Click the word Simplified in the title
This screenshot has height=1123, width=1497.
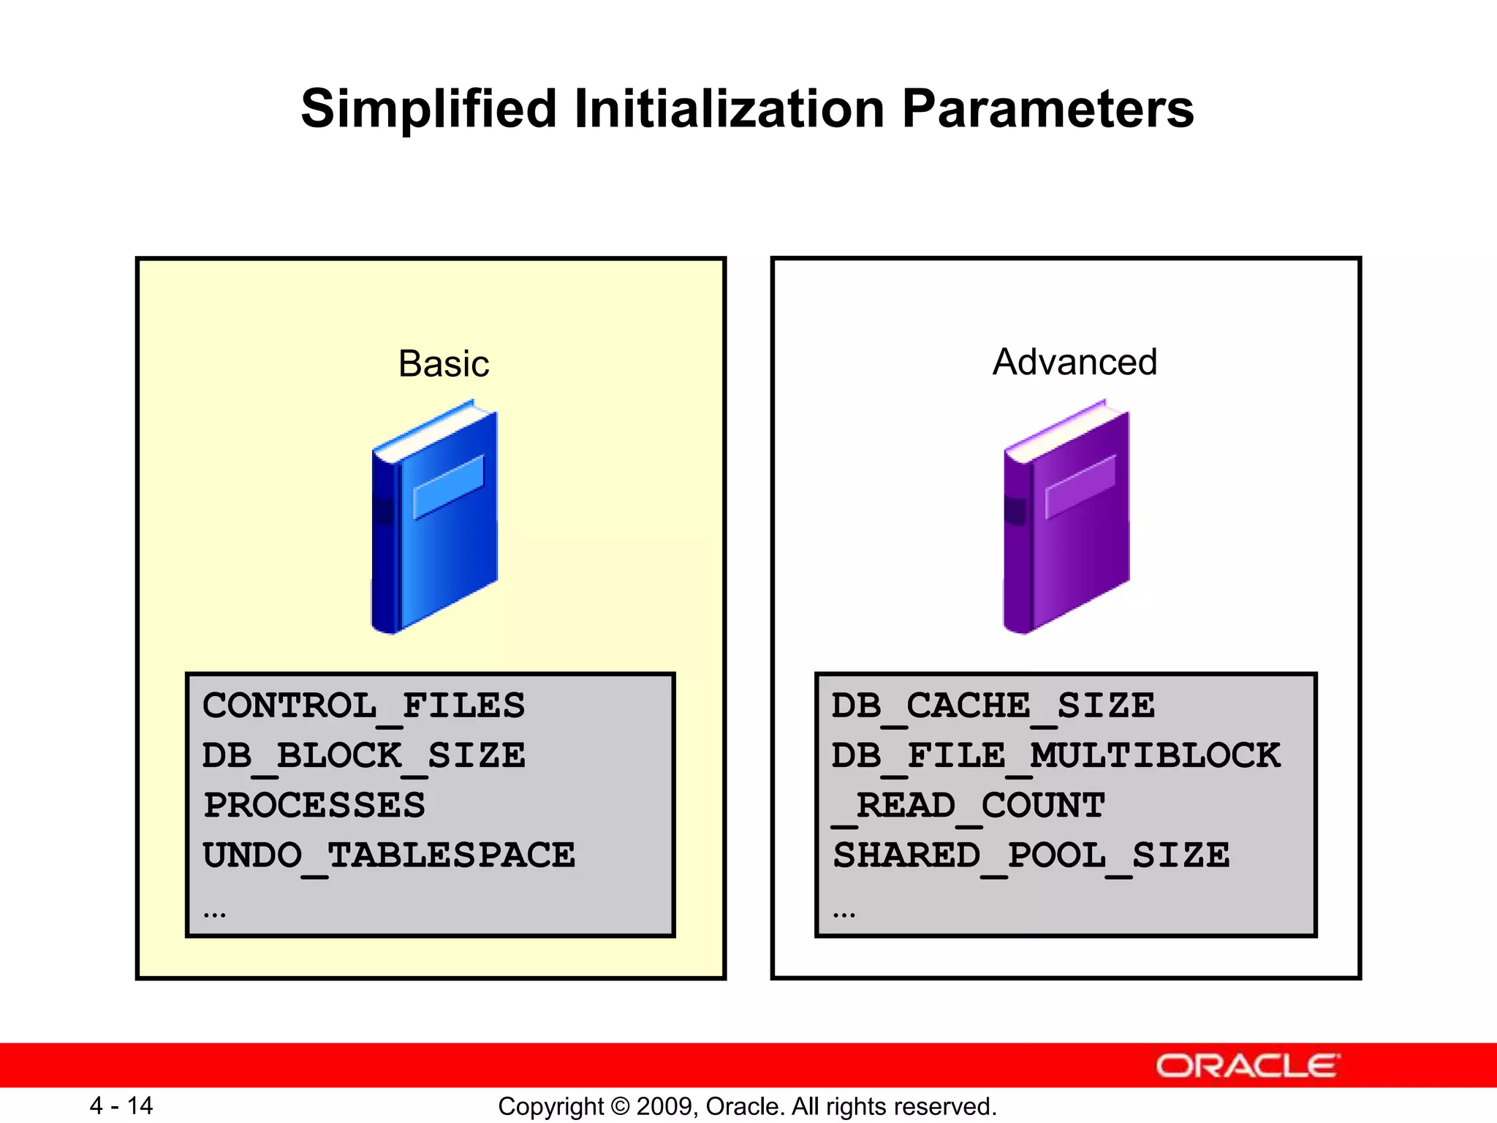click(429, 110)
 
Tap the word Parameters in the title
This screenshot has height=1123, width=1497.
click(1047, 110)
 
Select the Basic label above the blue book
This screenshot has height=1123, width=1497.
click(443, 363)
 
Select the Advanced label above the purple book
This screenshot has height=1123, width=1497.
click(1075, 362)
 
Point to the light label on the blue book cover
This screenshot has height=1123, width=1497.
click(448, 486)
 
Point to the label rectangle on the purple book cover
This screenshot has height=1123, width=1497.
click(1080, 486)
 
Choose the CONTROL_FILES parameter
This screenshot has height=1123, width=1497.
click(363, 706)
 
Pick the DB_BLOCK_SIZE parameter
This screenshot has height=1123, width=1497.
click(363, 756)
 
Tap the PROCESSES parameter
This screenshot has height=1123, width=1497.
click(314, 806)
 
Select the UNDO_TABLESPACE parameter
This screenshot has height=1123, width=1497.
click(389, 855)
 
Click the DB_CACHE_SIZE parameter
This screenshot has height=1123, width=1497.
click(993, 706)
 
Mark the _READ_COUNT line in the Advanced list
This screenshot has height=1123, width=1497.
click(969, 806)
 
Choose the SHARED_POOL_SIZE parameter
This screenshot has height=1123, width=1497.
click(1031, 855)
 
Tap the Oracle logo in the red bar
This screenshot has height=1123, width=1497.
click(1247, 1066)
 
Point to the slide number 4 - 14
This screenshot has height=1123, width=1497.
click(121, 1105)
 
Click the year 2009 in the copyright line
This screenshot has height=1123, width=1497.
click(659, 1106)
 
